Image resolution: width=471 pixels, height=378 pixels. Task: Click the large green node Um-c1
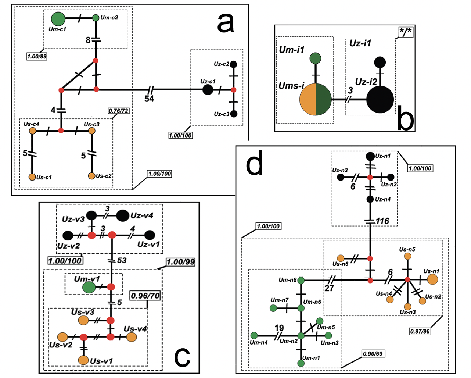58,19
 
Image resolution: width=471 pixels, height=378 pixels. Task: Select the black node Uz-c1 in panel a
208,89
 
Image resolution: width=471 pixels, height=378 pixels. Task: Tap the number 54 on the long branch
149,99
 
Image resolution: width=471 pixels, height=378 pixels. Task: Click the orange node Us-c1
32,177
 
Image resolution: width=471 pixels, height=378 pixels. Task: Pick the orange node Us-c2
92,176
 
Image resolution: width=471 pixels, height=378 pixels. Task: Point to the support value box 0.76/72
119,111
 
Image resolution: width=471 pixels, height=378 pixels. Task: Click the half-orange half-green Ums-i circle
316,99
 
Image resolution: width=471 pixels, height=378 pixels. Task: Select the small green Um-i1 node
315,58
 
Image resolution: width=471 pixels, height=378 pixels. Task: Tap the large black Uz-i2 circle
380,99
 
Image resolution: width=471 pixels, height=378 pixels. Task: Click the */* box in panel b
406,32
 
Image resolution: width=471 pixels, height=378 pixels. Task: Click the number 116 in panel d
382,221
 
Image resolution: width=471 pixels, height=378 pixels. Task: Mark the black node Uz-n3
341,177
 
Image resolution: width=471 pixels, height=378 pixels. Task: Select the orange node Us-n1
432,279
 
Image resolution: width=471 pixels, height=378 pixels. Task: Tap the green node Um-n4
254,335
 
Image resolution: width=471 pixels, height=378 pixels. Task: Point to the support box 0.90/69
373,354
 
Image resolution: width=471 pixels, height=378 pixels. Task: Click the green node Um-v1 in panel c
89,287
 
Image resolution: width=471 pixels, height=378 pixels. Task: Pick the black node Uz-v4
123,216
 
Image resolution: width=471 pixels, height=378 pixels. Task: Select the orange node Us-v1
83,360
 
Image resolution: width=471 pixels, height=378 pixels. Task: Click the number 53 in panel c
122,260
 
